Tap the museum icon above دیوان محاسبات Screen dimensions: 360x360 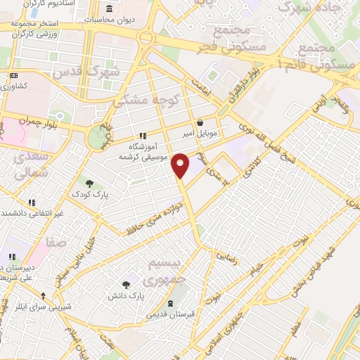109,8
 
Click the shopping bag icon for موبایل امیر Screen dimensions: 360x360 200,122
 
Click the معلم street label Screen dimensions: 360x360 299,326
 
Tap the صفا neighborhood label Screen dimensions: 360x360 56,243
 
